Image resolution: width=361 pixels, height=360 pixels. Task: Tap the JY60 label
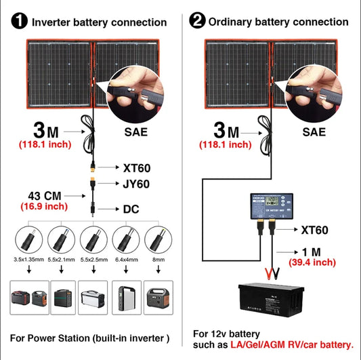137,182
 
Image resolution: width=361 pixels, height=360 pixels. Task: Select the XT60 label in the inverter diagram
137,166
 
